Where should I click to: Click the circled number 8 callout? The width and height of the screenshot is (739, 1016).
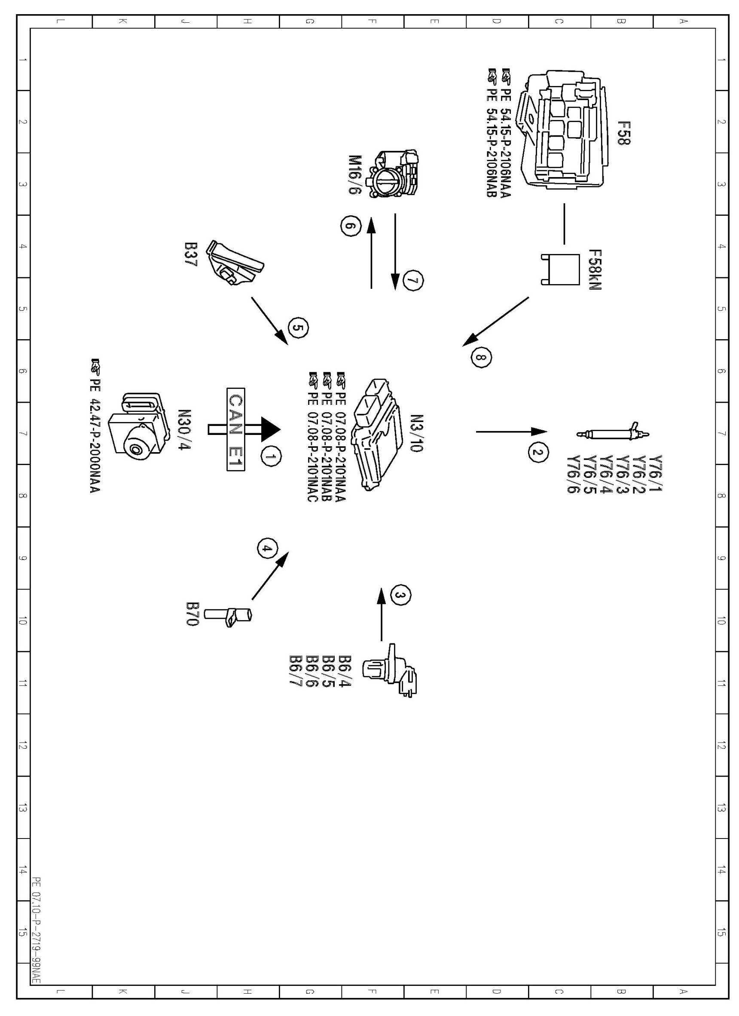(x=481, y=358)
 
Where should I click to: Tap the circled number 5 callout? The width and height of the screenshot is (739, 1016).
(x=298, y=328)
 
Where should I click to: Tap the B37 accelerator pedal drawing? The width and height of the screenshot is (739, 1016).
(x=235, y=263)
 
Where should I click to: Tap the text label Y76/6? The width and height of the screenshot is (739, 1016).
(x=574, y=474)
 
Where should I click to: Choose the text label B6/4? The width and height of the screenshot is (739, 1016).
(x=345, y=671)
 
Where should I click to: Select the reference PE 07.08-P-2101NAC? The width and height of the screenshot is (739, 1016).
(x=313, y=437)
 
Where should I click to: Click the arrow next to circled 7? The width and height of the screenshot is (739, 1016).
(x=395, y=252)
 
